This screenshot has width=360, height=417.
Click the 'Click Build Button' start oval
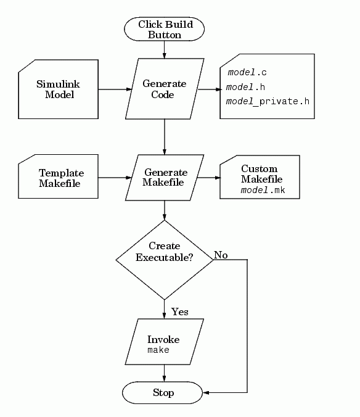coord(164,29)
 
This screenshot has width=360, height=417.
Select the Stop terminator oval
coord(162,392)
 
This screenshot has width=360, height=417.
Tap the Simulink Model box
coord(58,89)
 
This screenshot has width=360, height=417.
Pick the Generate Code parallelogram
coord(165,89)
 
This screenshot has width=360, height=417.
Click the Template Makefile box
coord(58,176)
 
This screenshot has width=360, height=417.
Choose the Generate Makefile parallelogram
coord(165,178)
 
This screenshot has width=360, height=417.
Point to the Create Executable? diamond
coord(165,260)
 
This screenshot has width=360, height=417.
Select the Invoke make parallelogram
coord(165,342)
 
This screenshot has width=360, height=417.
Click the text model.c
coord(247,72)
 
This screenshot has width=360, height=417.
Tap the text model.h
coord(245,87)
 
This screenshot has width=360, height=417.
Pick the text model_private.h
coord(268,102)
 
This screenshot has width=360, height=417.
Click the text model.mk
coord(263,190)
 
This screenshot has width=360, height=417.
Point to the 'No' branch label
coord(221,255)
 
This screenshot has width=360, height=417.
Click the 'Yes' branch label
coord(180,312)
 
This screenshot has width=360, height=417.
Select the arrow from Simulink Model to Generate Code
coord(115,89)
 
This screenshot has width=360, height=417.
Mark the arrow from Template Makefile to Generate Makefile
coord(115,178)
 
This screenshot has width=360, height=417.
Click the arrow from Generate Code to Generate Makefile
coord(165,137)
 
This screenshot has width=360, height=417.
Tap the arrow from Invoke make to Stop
coord(164,373)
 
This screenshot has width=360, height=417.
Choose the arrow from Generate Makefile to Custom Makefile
coord(209,178)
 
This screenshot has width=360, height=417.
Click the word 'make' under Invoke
coord(158,350)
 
